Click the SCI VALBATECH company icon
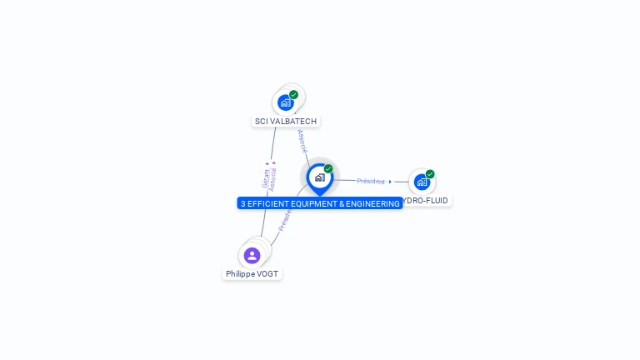(286, 102)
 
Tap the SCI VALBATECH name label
(286, 122)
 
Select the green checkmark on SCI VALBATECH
(294, 94)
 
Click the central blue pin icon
(319, 177)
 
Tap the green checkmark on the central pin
(328, 169)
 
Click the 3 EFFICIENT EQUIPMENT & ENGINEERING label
(320, 203)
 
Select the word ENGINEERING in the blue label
(373, 203)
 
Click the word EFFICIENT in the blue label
(270, 203)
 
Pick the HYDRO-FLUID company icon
(422, 182)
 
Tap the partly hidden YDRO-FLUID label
(426, 201)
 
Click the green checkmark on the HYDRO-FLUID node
(430, 174)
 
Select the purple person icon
(252, 255)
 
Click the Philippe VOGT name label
(252, 274)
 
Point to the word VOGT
(267, 274)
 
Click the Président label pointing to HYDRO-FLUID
(371, 181)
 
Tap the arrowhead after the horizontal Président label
(390, 182)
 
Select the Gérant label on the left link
(266, 177)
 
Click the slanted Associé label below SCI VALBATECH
(302, 140)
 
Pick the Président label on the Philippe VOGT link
(285, 219)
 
